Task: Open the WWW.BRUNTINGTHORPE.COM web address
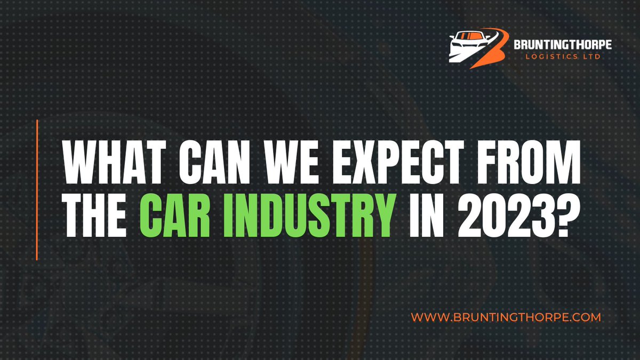[506, 317]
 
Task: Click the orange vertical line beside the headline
[37, 190]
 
